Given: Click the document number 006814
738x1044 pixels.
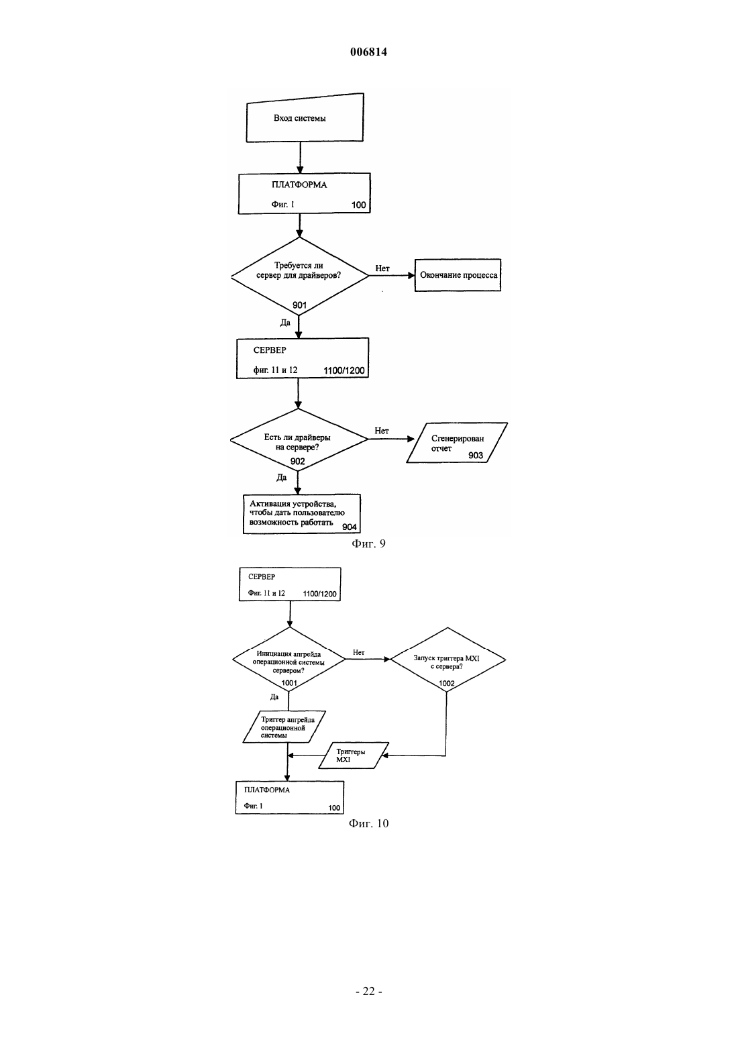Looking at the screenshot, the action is click(x=368, y=52).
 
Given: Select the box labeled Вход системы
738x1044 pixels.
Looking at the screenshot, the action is click(x=305, y=117).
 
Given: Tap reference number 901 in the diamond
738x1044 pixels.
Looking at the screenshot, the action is click(x=300, y=305).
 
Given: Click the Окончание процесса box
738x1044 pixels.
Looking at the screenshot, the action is click(x=458, y=275).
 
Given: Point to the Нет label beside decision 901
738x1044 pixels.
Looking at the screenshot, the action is click(x=382, y=268).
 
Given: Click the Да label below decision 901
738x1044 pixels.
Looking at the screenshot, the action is click(x=285, y=323).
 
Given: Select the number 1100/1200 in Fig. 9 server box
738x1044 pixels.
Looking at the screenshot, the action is click(x=344, y=370).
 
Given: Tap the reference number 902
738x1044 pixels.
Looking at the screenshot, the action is click(x=298, y=462).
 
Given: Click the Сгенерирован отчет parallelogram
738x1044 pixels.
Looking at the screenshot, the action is click(x=457, y=443).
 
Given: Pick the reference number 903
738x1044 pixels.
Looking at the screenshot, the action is click(x=476, y=456).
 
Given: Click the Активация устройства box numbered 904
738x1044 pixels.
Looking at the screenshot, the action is click(x=302, y=513).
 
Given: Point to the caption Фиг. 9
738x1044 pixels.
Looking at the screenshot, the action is click(x=368, y=544).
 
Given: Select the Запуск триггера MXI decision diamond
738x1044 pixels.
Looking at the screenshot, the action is click(x=447, y=660).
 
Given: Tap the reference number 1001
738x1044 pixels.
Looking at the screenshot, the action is click(x=289, y=683).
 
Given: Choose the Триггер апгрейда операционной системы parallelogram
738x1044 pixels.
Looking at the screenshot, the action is click(x=284, y=727).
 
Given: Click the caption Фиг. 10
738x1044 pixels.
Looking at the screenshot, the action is click(x=368, y=823).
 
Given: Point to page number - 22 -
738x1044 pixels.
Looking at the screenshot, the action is click(x=369, y=992).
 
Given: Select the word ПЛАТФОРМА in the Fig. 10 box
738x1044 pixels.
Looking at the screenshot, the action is click(x=267, y=790).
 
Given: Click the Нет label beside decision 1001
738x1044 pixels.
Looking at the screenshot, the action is click(x=359, y=652).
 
